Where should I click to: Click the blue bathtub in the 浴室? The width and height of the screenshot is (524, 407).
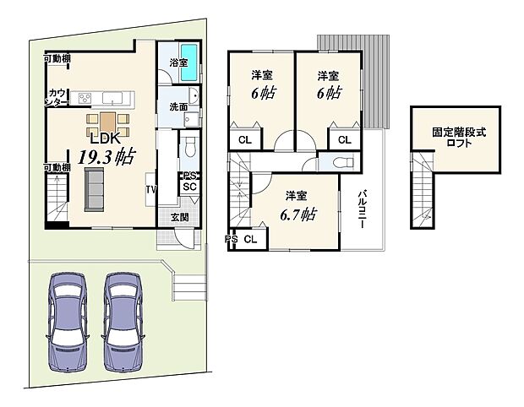tap(191, 62)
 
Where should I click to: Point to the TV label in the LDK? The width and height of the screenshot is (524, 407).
tap(151, 189)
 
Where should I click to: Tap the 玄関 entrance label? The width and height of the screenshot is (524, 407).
tap(179, 217)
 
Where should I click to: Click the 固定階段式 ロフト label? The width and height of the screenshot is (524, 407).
tap(459, 138)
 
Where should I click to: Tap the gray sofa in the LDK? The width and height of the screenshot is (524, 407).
tap(92, 189)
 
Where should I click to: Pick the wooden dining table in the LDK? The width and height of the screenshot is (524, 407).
tap(106, 122)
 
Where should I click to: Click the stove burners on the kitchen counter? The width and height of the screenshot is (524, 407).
tap(86, 98)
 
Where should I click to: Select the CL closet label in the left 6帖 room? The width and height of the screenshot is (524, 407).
tap(243, 140)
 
